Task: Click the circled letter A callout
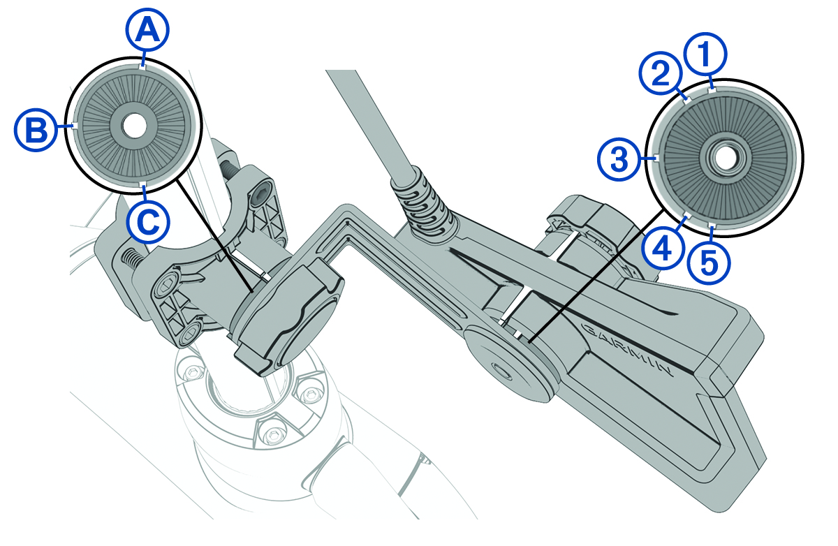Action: click(147, 29)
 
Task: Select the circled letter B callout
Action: click(36, 130)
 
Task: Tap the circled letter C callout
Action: click(148, 223)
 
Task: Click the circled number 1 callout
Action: click(705, 54)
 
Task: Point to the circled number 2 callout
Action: click(661, 73)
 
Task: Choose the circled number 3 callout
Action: click(619, 159)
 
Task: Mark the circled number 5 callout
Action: click(709, 263)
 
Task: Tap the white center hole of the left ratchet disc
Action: click(134, 125)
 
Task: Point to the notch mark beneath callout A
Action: click(142, 67)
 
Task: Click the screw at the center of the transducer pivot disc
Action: click(501, 371)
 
